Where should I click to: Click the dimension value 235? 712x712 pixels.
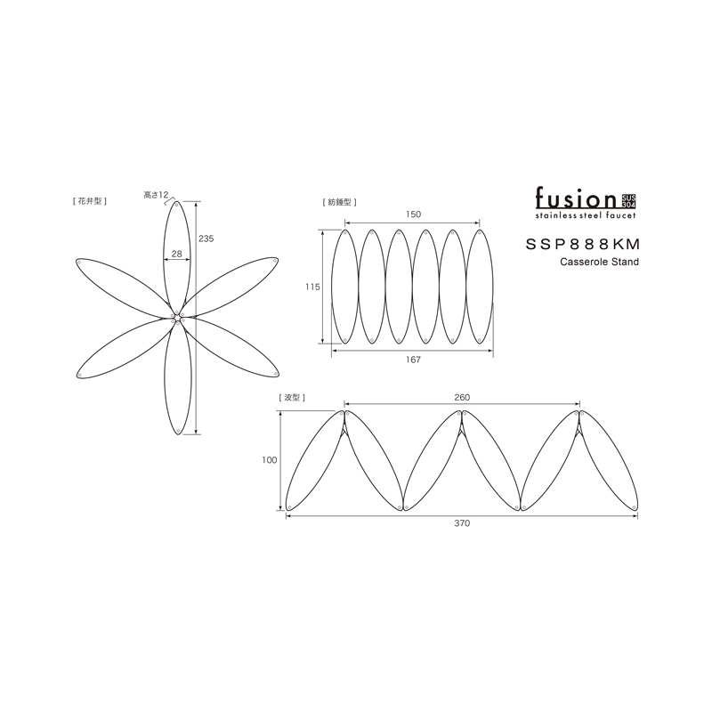pyautogui.click(x=206, y=239)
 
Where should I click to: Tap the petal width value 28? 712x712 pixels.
pyautogui.click(x=176, y=254)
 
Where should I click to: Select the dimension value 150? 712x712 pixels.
pyautogui.click(x=413, y=214)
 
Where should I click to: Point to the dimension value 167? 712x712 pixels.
pyautogui.click(x=413, y=360)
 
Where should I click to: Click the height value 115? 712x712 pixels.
pyautogui.click(x=312, y=287)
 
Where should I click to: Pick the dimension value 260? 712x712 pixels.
pyautogui.click(x=462, y=397)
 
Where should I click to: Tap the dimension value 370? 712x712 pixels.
pyautogui.click(x=462, y=523)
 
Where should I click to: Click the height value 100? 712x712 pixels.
pyautogui.click(x=270, y=460)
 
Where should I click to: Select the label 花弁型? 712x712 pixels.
pyautogui.click(x=90, y=201)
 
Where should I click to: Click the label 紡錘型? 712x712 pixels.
pyautogui.click(x=339, y=202)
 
